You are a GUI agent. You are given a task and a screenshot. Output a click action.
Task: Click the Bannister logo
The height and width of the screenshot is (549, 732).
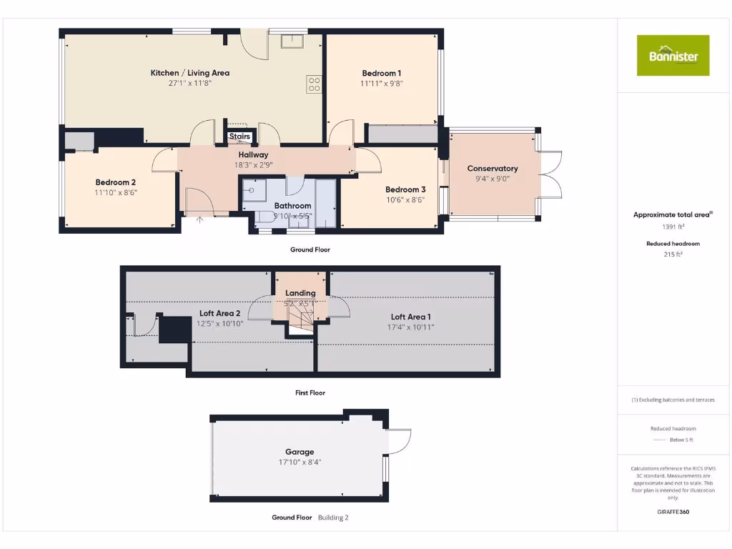click(673, 55)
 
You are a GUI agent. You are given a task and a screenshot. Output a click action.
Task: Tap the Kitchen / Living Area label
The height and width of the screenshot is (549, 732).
click(189, 73)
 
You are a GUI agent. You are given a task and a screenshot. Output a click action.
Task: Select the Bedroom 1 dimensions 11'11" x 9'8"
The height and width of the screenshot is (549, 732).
click(381, 83)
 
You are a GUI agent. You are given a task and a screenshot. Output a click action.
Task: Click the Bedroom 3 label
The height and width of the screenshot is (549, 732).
click(405, 189)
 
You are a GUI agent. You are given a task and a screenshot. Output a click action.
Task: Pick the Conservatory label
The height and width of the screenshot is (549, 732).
click(492, 169)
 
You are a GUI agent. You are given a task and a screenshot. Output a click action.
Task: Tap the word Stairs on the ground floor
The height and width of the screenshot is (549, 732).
click(239, 137)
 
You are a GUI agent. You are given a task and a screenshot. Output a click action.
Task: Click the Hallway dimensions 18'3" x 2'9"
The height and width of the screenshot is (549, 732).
click(253, 164)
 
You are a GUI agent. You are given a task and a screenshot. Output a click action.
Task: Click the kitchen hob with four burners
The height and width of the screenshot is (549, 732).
click(313, 84)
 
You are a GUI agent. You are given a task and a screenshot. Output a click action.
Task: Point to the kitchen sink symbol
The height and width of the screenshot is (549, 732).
click(292, 41)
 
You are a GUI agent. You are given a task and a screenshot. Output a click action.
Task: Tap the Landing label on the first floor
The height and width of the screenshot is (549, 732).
click(300, 293)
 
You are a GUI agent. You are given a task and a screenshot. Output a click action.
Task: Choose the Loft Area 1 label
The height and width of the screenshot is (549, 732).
click(410, 317)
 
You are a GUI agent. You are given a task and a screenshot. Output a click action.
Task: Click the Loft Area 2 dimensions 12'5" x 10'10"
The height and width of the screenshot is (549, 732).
click(220, 323)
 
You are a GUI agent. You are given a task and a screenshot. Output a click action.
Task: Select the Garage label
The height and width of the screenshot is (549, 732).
click(300, 452)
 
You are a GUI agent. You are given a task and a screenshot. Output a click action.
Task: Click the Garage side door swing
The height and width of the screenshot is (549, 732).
click(400, 440)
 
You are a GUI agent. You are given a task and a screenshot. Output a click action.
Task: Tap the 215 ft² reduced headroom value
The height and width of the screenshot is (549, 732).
click(673, 254)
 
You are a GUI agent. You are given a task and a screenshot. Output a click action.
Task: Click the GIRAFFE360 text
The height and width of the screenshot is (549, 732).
click(673, 512)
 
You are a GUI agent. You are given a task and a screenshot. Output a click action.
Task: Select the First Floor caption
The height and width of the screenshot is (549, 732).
click(310, 393)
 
